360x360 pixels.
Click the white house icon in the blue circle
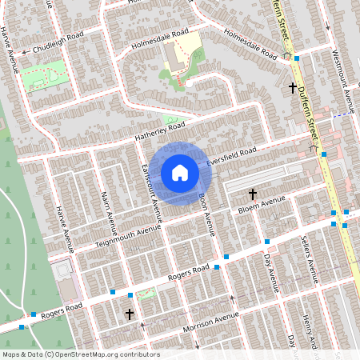click(x=180, y=172)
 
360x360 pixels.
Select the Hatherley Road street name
click(x=160, y=130)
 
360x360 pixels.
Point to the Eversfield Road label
click(x=231, y=155)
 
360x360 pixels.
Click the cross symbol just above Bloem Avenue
click(x=253, y=194)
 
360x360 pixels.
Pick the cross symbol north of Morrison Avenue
click(x=130, y=314)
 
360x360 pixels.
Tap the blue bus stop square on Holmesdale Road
click(x=297, y=58)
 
